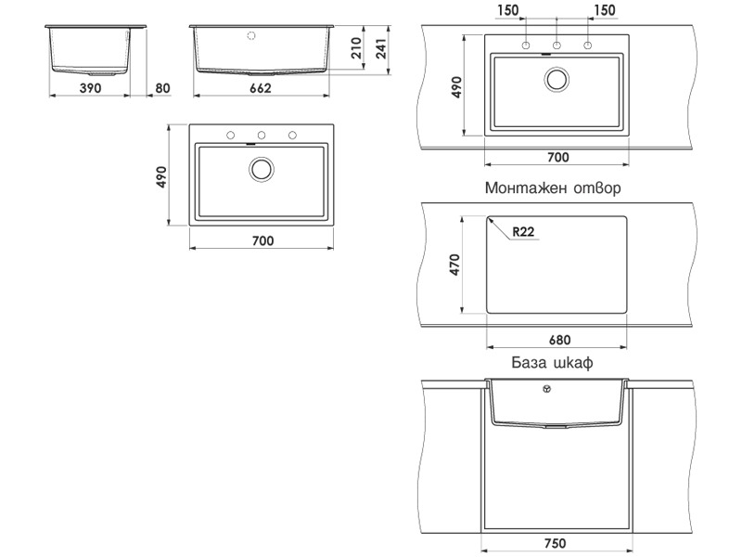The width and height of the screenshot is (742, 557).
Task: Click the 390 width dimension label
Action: coord(90,88)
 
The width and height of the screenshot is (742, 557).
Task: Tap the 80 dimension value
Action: coord(162,88)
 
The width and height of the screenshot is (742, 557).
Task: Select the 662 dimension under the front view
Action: coord(261,88)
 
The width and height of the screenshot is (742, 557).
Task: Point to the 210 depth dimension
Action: coord(356,48)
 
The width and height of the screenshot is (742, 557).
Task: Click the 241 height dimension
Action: coord(381,49)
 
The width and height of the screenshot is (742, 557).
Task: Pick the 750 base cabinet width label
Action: coord(555,543)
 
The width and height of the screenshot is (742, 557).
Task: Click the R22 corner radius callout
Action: coord(523,231)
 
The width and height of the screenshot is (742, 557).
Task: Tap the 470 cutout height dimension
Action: coord(454,265)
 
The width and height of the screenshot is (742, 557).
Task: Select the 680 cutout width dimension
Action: coord(560,340)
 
